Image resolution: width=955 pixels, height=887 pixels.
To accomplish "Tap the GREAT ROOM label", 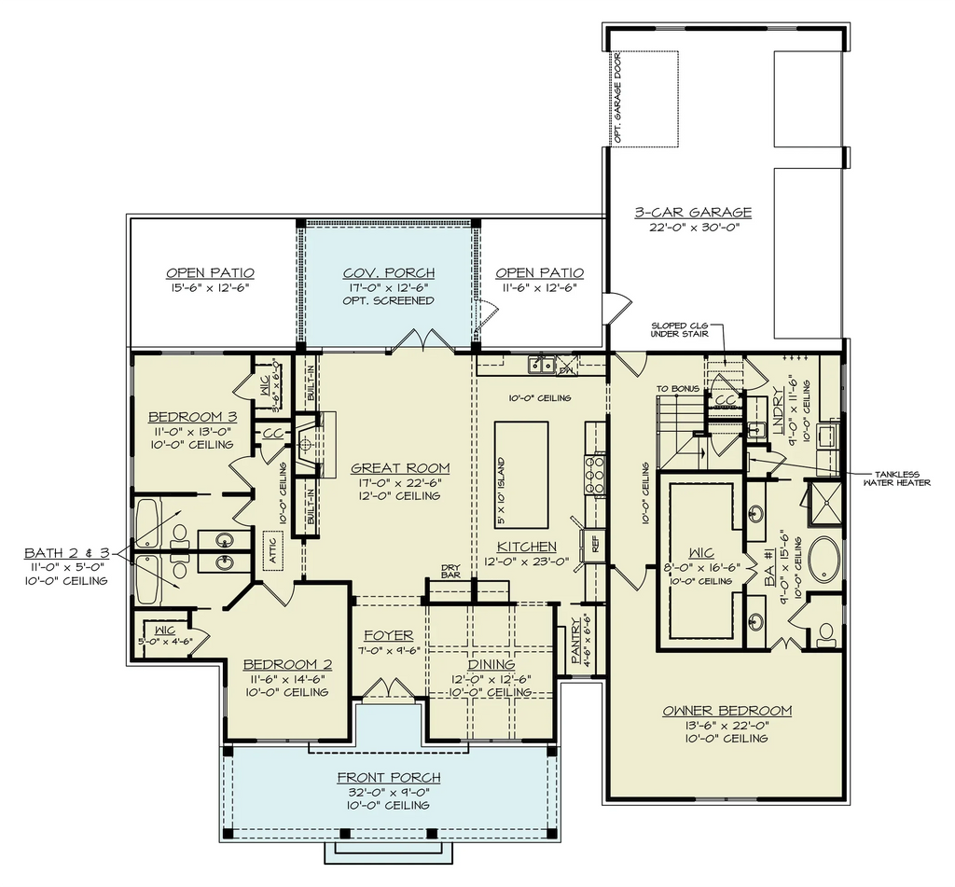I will click(x=400, y=468).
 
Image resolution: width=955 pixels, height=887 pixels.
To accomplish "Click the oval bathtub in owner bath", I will click(x=824, y=561).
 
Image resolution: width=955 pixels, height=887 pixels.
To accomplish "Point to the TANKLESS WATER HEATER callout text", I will click(x=895, y=477).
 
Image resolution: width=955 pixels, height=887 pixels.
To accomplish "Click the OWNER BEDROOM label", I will click(x=727, y=711).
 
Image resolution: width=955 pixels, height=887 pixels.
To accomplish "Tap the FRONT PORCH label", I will click(x=388, y=777).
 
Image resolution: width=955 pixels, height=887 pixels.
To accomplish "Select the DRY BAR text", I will click(x=451, y=570).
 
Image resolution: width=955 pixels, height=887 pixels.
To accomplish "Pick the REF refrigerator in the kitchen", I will click(x=592, y=546).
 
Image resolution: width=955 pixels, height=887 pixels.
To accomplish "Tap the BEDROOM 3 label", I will click(x=191, y=417).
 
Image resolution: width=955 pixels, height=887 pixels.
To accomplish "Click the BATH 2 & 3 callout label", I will click(x=66, y=553).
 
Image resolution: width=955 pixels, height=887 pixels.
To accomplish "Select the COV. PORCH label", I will click(x=388, y=272).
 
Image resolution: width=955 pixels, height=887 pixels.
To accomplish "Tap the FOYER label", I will click(x=388, y=636).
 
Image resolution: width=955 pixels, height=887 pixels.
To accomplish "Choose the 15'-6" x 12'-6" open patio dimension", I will click(x=210, y=288).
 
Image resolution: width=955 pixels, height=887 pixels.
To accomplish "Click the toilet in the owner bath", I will click(x=824, y=632).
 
